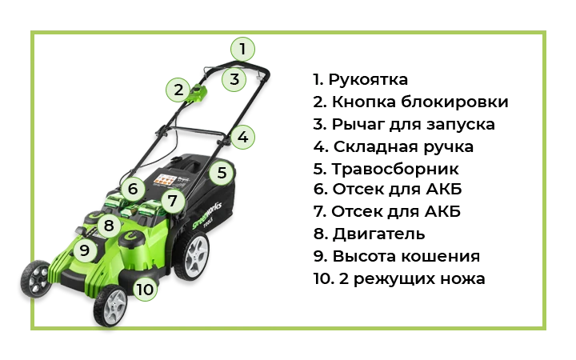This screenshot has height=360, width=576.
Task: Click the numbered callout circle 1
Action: pos(242,49)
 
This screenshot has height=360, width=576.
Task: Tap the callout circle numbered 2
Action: pos(178,90)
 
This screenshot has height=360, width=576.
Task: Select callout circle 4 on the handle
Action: pos(242,137)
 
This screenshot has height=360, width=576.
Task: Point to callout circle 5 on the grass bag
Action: pos(222,173)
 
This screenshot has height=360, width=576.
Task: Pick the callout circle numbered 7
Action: pos(172,201)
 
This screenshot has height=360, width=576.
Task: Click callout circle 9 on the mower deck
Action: pos(85,250)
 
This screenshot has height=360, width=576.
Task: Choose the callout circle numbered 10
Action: pos(145,289)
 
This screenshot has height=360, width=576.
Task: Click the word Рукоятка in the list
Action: pos(368,80)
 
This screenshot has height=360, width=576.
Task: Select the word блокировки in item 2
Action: pos(454,102)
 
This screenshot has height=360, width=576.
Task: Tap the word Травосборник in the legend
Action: pos(395,170)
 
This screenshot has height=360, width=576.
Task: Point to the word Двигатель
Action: pos(378,234)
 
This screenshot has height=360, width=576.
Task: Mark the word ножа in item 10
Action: pos(463,279)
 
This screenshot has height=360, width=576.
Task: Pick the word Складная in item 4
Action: pos(375,147)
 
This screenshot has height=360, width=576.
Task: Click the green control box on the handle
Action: pos(197,94)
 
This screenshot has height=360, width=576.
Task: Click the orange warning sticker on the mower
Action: pos(163,179)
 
